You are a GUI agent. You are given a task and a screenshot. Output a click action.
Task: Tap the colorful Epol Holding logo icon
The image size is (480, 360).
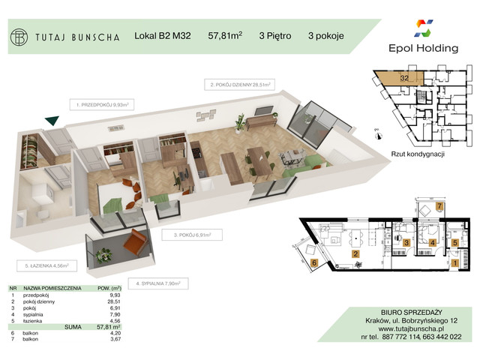[426, 29]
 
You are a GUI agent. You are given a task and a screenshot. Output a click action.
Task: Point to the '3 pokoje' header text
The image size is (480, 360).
[326, 35]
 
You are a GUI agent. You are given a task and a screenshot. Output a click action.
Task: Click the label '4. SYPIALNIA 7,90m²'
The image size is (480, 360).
[160, 283]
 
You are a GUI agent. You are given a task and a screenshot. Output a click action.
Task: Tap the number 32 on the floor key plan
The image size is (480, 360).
[404, 77]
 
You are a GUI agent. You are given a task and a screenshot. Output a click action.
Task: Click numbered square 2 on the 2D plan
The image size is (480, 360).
[355, 253]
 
